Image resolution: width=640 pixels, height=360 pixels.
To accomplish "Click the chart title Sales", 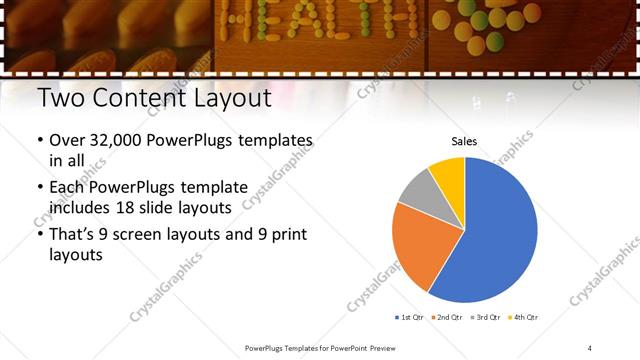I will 464,141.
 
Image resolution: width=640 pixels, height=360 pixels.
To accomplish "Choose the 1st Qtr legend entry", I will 411,317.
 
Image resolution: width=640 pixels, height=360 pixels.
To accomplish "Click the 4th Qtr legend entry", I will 524,317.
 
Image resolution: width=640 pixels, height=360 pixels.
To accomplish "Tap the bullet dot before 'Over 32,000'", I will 39,141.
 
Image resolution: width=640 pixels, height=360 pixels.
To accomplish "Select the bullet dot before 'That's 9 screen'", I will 39,236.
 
